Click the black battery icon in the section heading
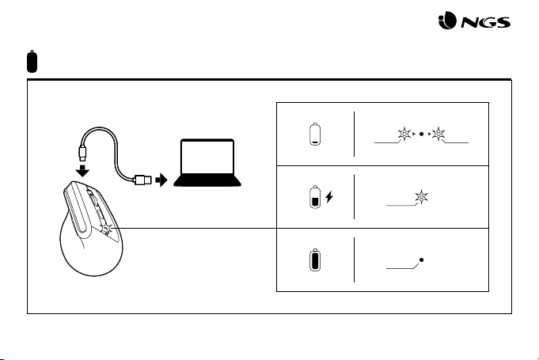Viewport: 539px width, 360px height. tap(31, 61)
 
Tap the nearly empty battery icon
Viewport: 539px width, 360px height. tap(314, 134)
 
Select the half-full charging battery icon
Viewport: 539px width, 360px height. tap(314, 197)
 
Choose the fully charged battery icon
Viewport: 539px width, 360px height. tap(314, 260)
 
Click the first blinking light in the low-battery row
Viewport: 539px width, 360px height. tap(406, 133)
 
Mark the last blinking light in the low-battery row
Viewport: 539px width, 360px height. tap(438, 133)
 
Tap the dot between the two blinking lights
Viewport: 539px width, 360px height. tap(422, 133)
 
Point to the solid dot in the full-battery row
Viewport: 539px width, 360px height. tap(422, 260)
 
